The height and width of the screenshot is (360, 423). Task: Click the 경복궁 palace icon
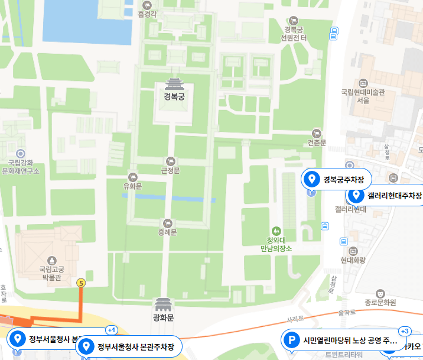coord(174,83)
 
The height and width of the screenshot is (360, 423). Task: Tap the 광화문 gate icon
coord(163,304)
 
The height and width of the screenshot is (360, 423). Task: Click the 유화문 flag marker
coord(132,176)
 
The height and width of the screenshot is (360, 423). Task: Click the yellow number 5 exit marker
coord(82,283)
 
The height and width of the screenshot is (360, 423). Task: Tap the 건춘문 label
coord(317,143)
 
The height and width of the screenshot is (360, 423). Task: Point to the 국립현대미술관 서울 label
coord(363,96)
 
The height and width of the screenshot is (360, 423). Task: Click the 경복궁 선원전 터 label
coord(295,33)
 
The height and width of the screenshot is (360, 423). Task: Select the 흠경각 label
coord(148,13)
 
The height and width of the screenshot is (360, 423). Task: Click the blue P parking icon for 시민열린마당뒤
coord(291,340)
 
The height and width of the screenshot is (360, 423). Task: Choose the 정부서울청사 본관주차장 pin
coord(86,346)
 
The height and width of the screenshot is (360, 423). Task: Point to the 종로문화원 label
coord(380,302)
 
